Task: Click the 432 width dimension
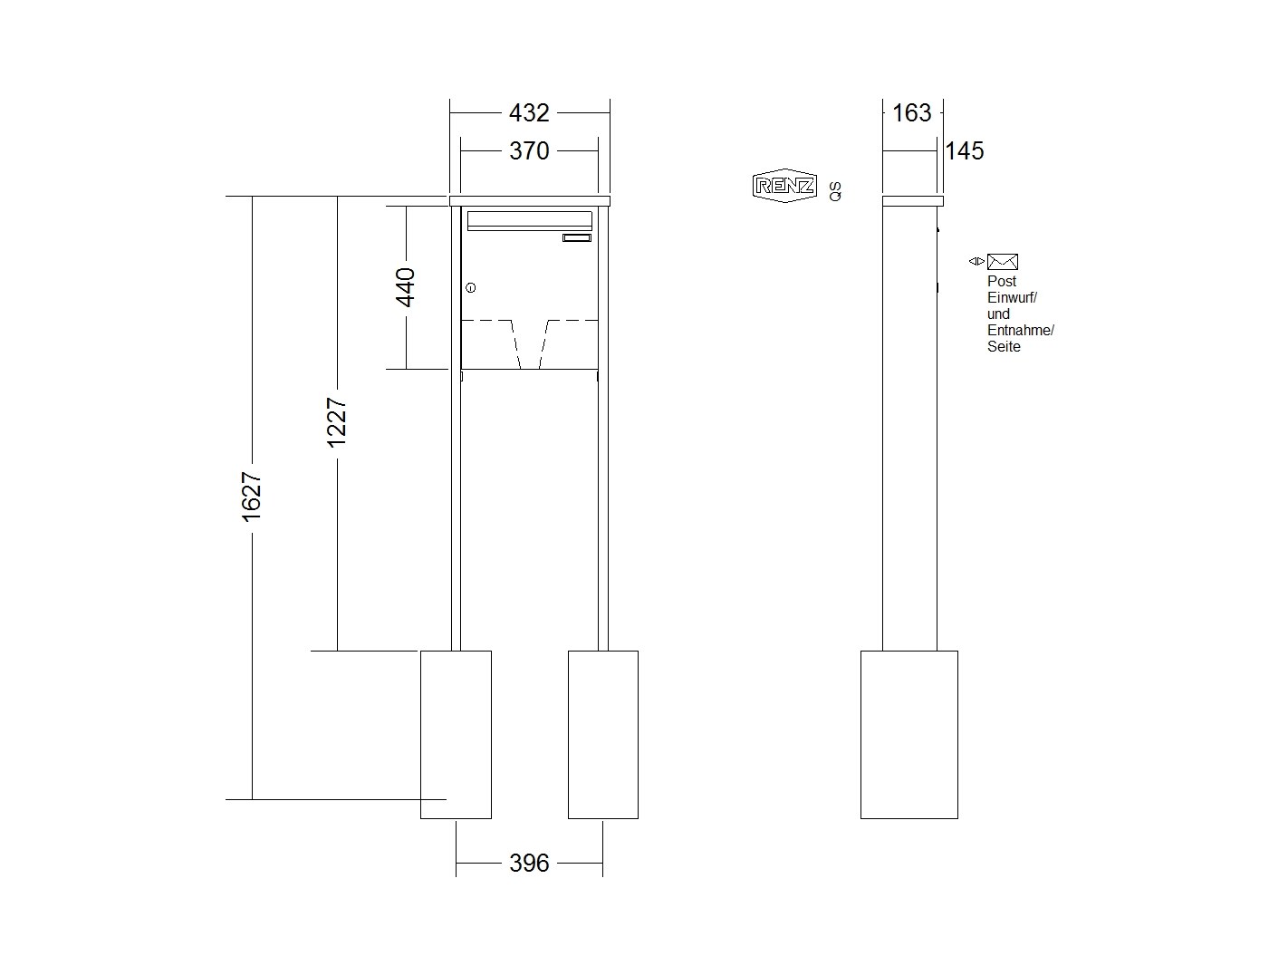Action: pos(528,112)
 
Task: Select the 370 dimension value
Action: pos(528,150)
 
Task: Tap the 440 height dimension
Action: pos(405,287)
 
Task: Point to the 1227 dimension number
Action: pos(336,422)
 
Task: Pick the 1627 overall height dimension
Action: pos(252,497)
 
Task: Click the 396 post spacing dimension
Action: pos(528,863)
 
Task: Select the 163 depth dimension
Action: pos(911,112)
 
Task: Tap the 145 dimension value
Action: pos(964,150)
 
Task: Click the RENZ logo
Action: pos(784,186)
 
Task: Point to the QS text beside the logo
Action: pos(835,191)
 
